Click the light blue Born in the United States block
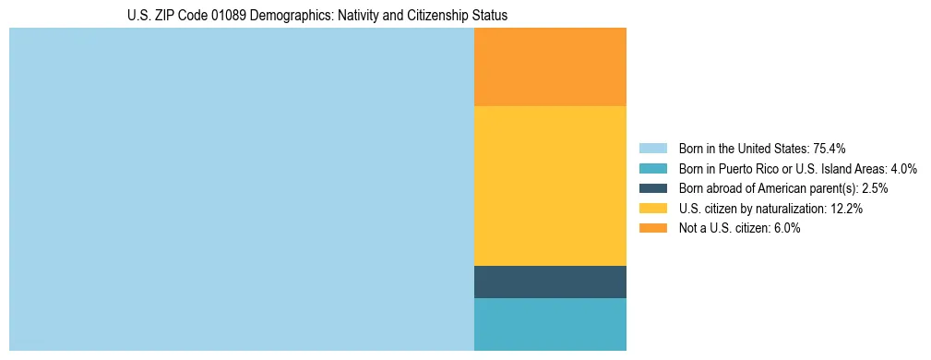[241, 189]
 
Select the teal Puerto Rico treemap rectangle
[550, 324]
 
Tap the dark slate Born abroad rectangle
[550, 282]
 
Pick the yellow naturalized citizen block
[550, 186]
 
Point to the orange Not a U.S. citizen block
[550, 66]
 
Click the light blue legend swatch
[652, 148]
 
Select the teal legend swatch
[652, 168]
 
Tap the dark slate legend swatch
[652, 188]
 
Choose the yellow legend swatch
[652, 209]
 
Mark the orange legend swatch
[652, 229]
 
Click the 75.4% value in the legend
[830, 148]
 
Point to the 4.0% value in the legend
[903, 168]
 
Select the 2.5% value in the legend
[875, 188]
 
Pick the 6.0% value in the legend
[787, 229]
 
